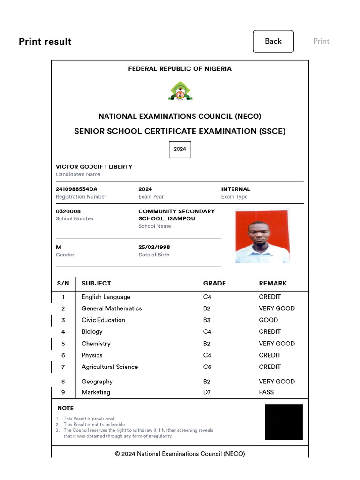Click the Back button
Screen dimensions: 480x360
point(273,41)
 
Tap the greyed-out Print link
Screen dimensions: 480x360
point(321,41)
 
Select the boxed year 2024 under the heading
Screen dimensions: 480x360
point(180,149)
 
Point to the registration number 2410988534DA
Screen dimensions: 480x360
point(76,189)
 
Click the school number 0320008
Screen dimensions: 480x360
point(68,211)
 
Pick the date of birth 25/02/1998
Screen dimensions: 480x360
point(154,247)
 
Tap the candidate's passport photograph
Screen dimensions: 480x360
point(262,236)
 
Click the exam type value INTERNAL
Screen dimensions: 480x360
point(235,189)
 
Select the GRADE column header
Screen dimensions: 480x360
point(214,283)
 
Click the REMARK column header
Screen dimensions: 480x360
point(273,283)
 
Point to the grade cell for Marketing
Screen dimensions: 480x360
point(207,392)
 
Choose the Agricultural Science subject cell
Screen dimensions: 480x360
point(110,367)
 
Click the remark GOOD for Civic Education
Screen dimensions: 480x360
point(268,320)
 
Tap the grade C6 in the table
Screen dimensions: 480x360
point(207,367)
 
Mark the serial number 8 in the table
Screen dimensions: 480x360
point(63,382)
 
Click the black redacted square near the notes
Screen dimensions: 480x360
point(284,422)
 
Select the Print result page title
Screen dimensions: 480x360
point(45,41)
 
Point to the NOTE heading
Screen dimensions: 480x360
point(65,408)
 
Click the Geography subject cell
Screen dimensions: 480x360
point(97,382)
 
